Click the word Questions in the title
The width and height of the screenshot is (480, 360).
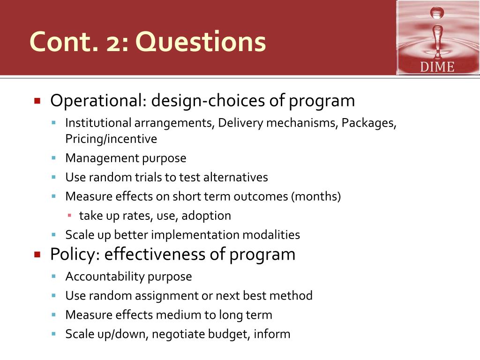click(201, 42)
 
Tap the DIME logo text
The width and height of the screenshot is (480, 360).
click(437, 67)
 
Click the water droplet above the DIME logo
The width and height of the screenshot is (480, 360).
click(437, 13)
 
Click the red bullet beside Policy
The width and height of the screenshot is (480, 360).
click(37, 255)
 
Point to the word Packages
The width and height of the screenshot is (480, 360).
click(369, 123)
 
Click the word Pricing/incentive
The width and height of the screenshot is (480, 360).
click(111, 139)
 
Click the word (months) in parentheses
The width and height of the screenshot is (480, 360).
click(316, 196)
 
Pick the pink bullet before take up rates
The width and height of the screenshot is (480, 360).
click(69, 216)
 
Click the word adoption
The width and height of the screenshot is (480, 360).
click(206, 216)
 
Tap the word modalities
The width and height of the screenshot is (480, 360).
click(271, 235)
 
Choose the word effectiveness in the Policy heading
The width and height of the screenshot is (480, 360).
click(157, 255)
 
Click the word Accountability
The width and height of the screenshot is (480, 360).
click(105, 277)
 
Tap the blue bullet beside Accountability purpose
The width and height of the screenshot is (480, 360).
click(54, 277)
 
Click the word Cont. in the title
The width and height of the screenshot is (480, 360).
click(64, 42)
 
